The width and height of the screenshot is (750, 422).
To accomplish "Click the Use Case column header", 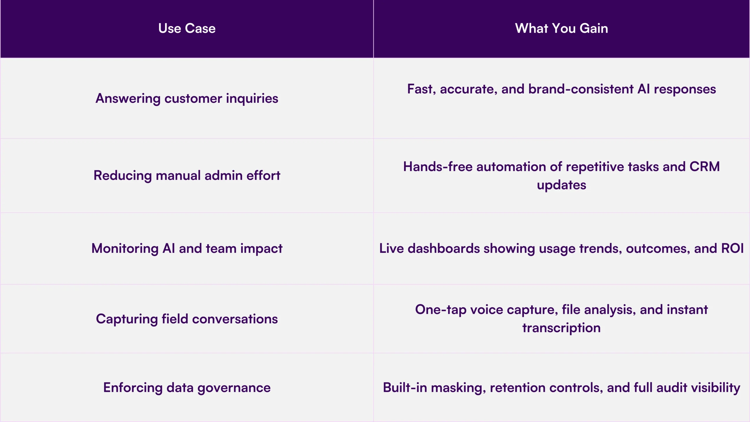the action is [187, 28].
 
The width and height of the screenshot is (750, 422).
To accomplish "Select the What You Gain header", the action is [561, 28].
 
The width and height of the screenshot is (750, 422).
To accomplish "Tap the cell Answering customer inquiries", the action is [187, 98].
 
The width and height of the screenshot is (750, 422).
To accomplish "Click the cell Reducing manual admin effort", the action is [187, 176].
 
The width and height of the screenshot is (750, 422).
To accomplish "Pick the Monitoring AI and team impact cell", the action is [187, 249].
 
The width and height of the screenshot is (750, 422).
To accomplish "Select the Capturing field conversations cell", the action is [187, 319].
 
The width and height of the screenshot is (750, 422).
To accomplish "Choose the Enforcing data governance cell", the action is [187, 388].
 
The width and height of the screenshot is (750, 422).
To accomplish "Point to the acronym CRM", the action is [705, 166].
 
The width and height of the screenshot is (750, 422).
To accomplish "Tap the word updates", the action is [561, 185].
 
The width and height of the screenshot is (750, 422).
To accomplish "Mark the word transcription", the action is [561, 328].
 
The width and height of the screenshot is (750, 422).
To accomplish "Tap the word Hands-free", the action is [438, 166].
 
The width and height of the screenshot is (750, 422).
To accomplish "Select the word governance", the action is [234, 388].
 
